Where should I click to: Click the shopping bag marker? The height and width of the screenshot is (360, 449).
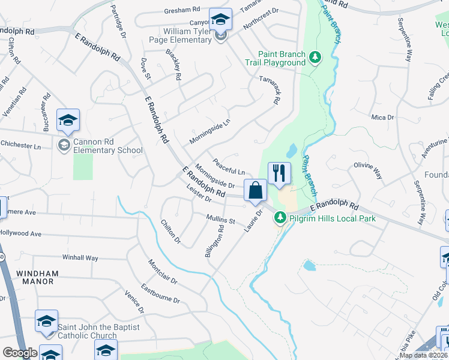coord(255,190)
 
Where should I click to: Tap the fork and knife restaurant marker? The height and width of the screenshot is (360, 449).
coord(279,174)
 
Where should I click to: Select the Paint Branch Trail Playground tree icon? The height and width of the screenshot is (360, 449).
coord(316,58)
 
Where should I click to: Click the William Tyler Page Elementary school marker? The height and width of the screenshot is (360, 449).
coord(220,20)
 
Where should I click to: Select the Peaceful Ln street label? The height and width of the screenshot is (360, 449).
coord(229,167)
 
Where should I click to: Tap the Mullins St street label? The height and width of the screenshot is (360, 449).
coord(220,220)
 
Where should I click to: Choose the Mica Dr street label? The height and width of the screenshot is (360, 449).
coord(382,118)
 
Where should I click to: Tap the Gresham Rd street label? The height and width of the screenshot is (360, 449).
coord(182,10)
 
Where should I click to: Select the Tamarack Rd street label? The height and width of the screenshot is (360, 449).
coord(269,90)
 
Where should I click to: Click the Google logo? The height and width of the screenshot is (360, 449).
coord(20,353)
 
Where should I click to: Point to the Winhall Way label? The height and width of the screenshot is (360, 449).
coord(80,257)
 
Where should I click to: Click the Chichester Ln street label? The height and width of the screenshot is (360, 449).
coord(20,146)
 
